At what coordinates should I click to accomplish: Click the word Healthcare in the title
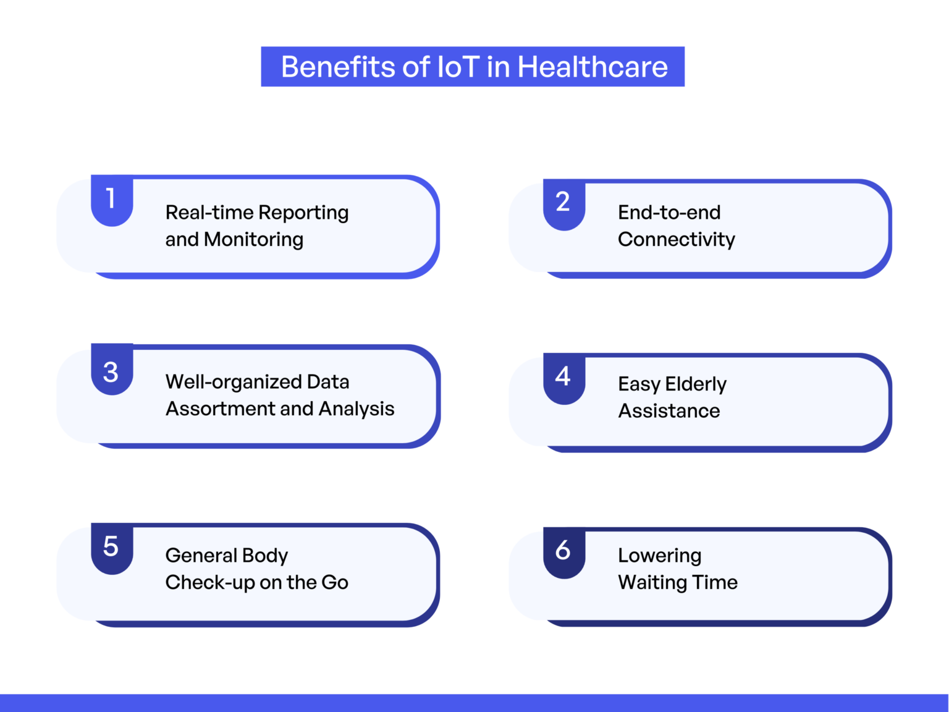coord(593,67)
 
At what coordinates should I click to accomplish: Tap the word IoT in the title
coord(458,67)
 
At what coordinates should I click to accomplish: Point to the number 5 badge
coord(111,546)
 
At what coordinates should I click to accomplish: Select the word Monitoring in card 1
coord(253,239)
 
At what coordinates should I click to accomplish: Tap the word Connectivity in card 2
coord(677,239)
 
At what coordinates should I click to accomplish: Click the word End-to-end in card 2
coord(669,213)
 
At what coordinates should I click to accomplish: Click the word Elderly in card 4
coord(696,384)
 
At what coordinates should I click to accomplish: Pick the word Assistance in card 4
coord(669,411)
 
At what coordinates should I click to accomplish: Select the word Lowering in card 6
coord(659,556)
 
